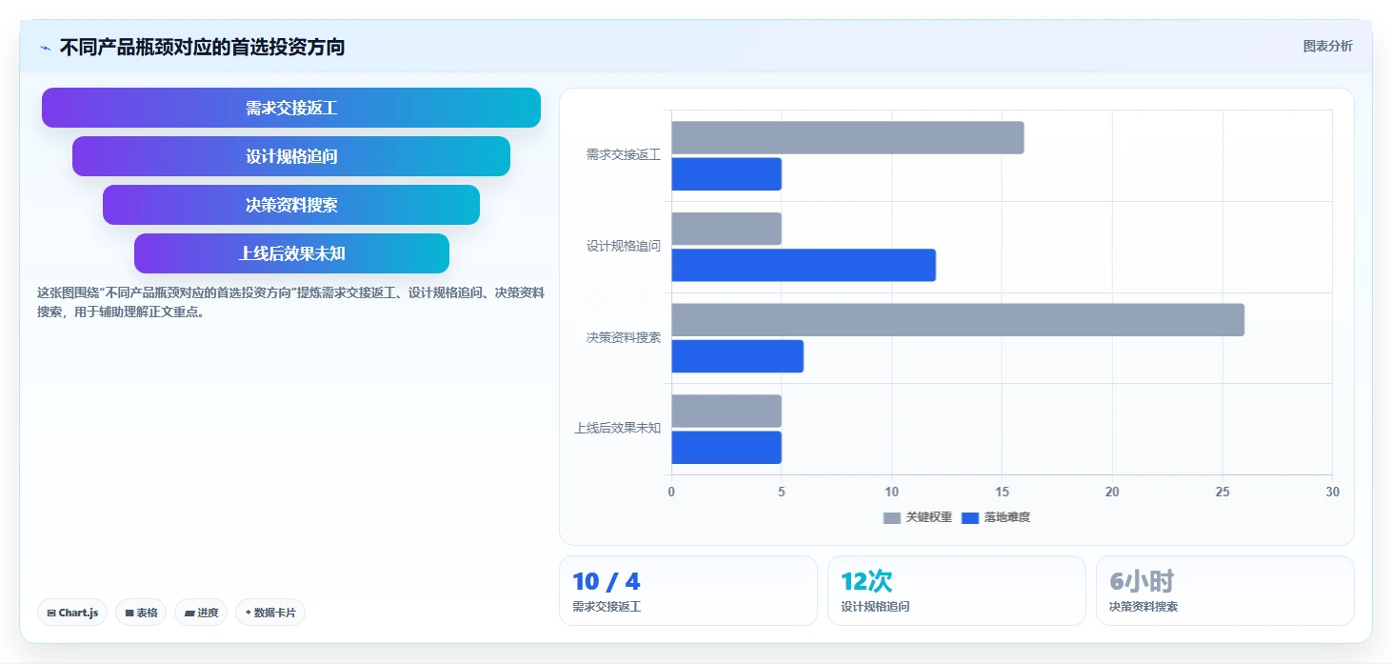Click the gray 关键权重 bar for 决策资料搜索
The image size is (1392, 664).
point(958,319)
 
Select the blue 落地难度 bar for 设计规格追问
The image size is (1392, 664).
point(804,266)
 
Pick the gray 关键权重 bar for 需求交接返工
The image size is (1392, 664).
point(847,137)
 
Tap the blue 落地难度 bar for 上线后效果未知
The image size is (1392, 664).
point(726,448)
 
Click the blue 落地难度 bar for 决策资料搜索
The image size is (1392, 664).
point(738,356)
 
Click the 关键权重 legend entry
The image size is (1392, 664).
point(917,517)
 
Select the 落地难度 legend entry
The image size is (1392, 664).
point(996,517)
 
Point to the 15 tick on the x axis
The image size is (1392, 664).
point(1002,492)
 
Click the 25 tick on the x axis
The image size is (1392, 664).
point(1223,492)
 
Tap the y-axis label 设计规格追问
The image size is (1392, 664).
point(624,246)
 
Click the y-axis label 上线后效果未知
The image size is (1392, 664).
point(617,429)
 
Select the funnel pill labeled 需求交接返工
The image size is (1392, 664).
point(291,108)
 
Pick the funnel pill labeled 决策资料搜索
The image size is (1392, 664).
point(291,205)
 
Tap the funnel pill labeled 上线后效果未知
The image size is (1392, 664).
point(291,253)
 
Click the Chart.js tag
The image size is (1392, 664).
point(72,613)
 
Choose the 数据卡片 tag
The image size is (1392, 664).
point(270,613)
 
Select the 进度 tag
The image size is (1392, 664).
point(201,613)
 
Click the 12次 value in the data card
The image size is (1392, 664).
point(866,581)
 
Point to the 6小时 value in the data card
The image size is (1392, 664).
point(1142,581)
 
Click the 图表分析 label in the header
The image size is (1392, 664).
point(1328,46)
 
